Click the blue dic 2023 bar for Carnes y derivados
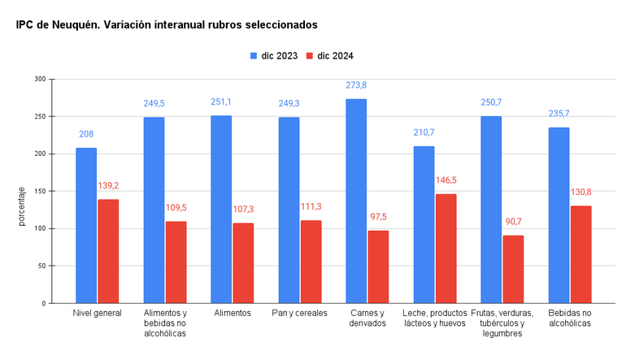(356, 201)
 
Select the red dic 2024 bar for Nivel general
(108, 251)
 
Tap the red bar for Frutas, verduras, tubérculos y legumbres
(513, 269)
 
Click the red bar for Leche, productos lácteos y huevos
(446, 248)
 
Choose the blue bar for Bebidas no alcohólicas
(559, 215)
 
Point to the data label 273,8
(356, 85)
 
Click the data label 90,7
(513, 222)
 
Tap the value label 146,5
(446, 180)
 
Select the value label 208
(86, 134)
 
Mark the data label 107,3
(243, 210)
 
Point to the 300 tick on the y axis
(40, 79)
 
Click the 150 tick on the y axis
(40, 191)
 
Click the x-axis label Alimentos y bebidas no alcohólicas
(165, 323)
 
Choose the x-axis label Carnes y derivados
(367, 318)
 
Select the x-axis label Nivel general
(97, 313)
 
